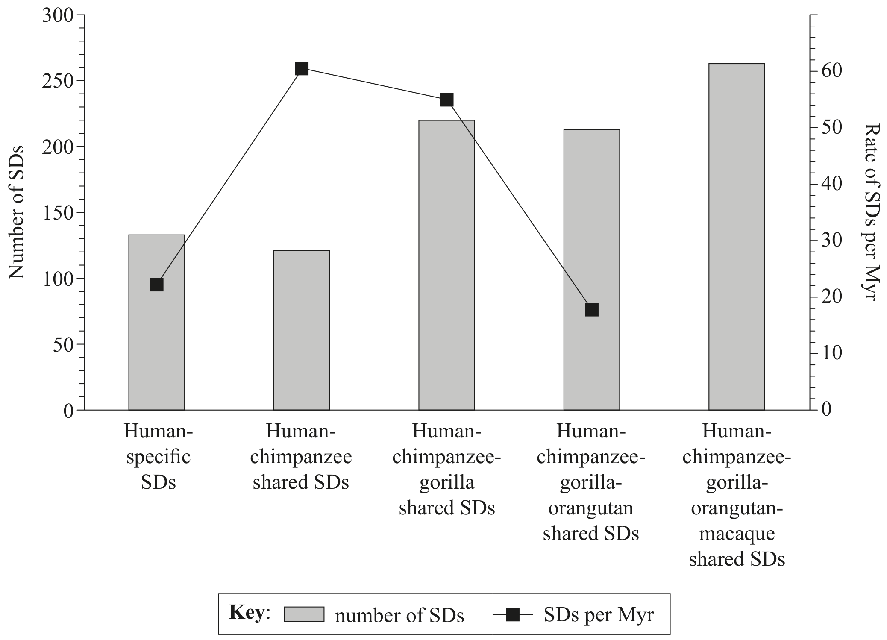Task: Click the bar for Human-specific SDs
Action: [x=156, y=322]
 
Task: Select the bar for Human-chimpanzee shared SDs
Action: [x=302, y=330]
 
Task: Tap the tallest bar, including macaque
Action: [x=737, y=237]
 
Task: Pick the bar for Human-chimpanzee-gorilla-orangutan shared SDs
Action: [x=592, y=270]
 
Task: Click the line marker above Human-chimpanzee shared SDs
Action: [x=302, y=68]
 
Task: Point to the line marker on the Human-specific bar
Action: [x=157, y=285]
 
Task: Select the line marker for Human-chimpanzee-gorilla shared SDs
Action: [x=446, y=100]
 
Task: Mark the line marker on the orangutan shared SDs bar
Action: [x=592, y=309]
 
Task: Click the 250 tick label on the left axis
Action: [x=58, y=81]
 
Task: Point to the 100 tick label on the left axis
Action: [x=58, y=279]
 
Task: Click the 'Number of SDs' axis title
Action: [x=17, y=212]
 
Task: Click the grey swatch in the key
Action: [x=304, y=614]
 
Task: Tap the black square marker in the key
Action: [x=513, y=615]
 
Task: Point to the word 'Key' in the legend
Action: [x=247, y=612]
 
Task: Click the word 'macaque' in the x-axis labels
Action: [x=737, y=534]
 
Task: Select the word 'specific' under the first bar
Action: [x=158, y=457]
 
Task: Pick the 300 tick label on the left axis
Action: [x=58, y=15]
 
